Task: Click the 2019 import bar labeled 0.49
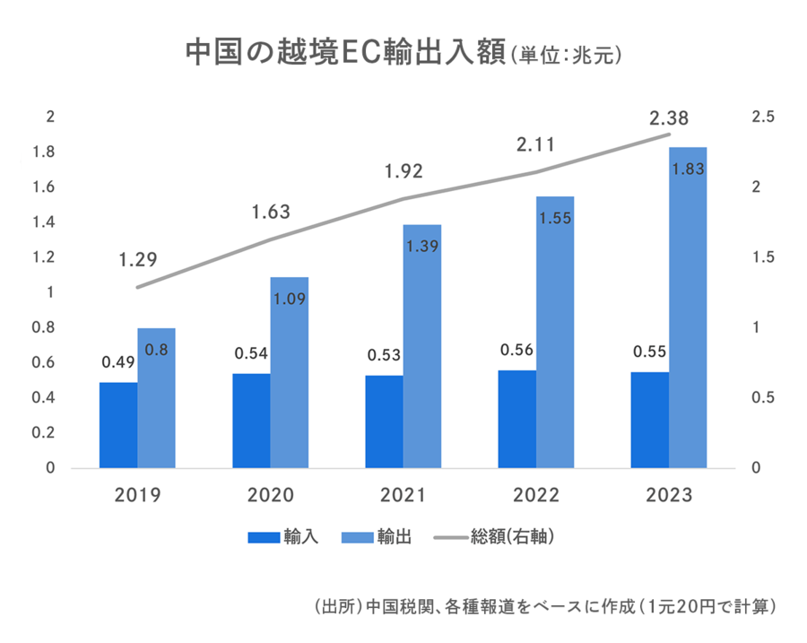coord(118,425)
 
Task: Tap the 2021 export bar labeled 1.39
coord(421,346)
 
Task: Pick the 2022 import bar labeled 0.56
coord(517,419)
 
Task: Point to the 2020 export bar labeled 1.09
coord(289,372)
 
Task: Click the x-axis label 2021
coord(403,496)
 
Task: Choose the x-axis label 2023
coord(669,496)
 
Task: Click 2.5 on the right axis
coord(764,117)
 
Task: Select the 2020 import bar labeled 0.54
coord(251,421)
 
